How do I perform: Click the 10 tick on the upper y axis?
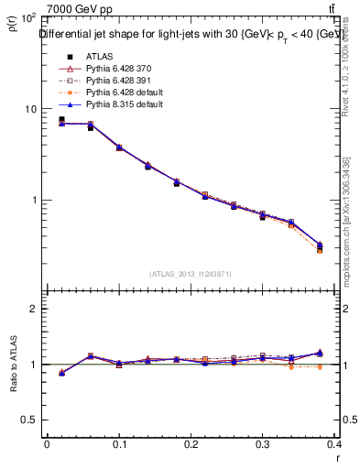[30, 109]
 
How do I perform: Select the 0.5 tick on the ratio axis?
[30, 420]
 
